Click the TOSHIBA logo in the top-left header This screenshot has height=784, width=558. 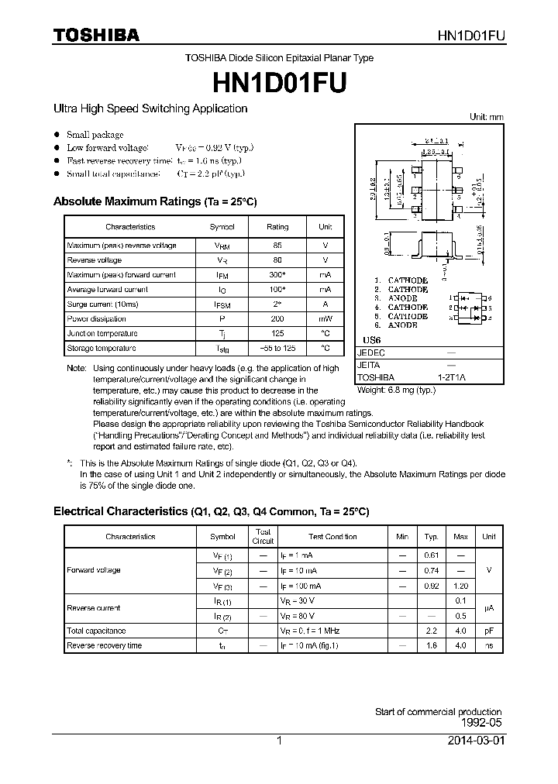pyautogui.click(x=96, y=35)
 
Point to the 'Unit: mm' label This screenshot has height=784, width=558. pyautogui.click(x=487, y=117)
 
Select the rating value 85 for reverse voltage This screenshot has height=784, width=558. pyautogui.click(x=277, y=246)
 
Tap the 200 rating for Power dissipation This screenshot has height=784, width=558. pyautogui.click(x=277, y=319)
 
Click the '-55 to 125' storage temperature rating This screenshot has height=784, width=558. pyautogui.click(x=277, y=349)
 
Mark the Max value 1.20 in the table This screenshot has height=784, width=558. pyautogui.click(x=460, y=586)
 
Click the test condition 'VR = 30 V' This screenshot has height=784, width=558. pyautogui.click(x=298, y=600)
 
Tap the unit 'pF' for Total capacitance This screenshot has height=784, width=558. pyautogui.click(x=488, y=631)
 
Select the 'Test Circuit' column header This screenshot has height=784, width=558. pyautogui.click(x=263, y=536)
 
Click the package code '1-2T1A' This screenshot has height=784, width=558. pyautogui.click(x=452, y=377)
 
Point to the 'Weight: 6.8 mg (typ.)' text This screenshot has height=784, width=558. pyautogui.click(x=396, y=390)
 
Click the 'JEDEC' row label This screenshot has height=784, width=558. pyautogui.click(x=370, y=352)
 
